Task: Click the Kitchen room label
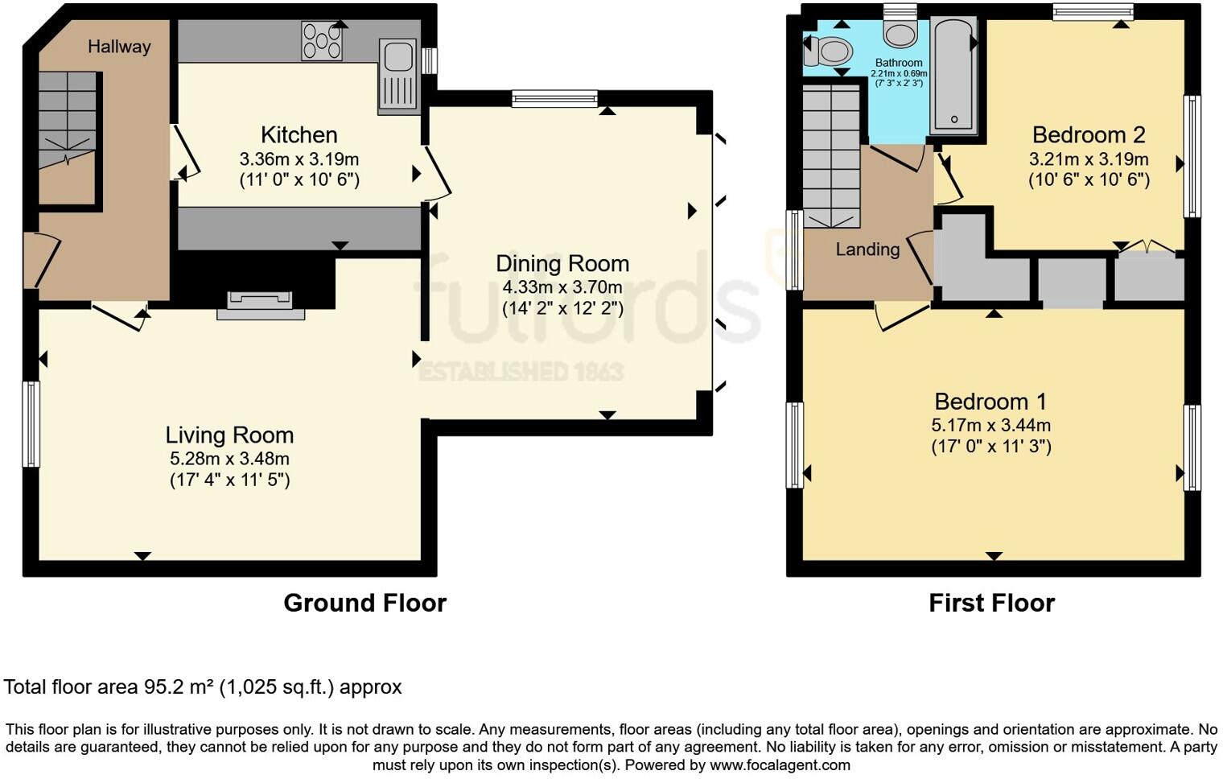[x=299, y=134]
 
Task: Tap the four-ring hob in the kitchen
[x=321, y=41]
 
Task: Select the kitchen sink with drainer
[x=399, y=76]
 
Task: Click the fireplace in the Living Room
[x=261, y=305]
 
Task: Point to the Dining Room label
[x=562, y=263]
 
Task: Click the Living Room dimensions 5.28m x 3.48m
[x=229, y=459]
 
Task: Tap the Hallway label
[x=119, y=47]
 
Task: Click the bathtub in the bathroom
[x=954, y=76]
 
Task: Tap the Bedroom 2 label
[x=1089, y=134]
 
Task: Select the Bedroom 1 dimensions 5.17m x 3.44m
[x=990, y=425]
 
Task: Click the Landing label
[x=867, y=249]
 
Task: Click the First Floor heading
[x=991, y=603]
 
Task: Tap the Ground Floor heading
[x=364, y=603]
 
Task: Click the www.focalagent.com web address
[x=780, y=765]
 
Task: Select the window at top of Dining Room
[x=554, y=98]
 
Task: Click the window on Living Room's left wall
[x=31, y=423]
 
